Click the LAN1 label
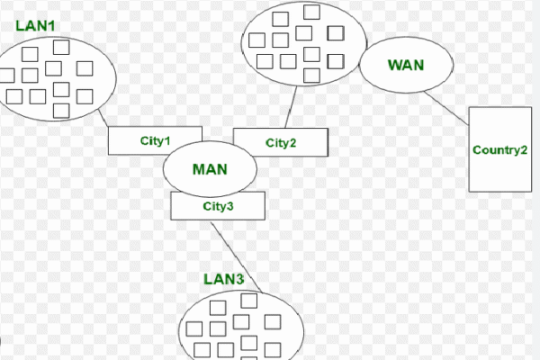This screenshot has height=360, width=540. click(35, 24)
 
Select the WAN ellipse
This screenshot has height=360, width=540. click(405, 65)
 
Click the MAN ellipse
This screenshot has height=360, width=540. click(210, 168)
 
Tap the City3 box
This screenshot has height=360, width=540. click(218, 206)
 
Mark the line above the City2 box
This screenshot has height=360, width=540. click(291, 107)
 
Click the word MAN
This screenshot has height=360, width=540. click(210, 168)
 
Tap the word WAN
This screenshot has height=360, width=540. click(405, 65)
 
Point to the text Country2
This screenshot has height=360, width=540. click(499, 149)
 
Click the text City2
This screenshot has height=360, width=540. click(281, 142)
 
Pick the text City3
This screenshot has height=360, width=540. click(218, 206)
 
